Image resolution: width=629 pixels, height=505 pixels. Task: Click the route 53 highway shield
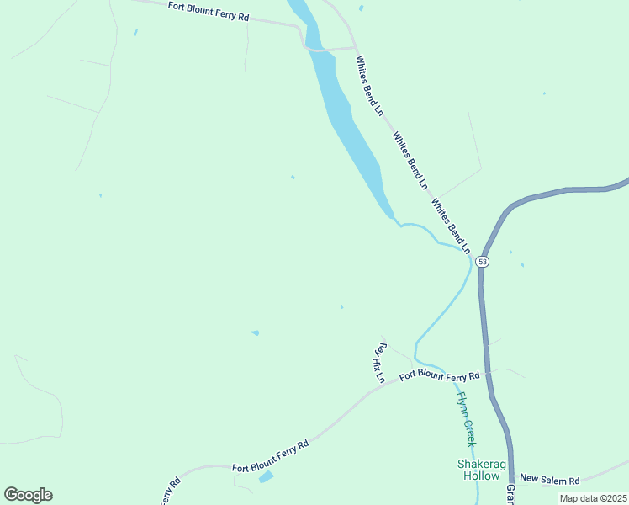482,262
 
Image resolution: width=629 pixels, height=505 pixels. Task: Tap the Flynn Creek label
467,418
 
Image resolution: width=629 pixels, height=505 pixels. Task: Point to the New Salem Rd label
550,480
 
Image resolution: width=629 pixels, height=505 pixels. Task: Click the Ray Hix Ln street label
379,362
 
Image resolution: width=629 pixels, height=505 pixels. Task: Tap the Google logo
28,495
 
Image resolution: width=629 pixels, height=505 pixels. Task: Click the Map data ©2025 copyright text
593,498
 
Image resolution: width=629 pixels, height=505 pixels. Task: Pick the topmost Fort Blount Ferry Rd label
209,11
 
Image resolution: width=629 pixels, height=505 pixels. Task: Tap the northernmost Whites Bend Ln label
369,85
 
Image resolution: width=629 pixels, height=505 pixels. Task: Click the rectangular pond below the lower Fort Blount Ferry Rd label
266,477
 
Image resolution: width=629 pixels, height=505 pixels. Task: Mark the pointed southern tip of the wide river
391,216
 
